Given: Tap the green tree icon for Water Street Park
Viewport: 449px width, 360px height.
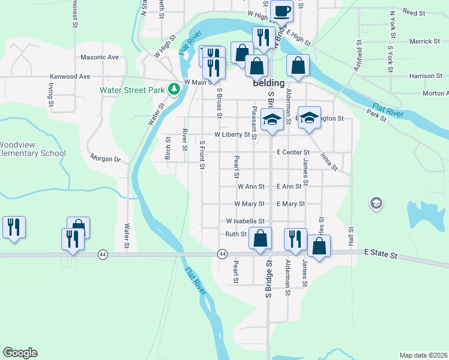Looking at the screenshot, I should pos(174,89).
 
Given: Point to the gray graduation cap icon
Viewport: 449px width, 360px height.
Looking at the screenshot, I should pos(376,203).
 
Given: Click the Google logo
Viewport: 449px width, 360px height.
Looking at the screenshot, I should pos(20,353).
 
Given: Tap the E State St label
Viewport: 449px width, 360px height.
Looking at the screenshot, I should pos(381,256).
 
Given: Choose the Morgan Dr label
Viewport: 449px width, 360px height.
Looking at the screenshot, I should pos(106,159).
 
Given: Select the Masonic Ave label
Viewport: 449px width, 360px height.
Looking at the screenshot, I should pos(100,58).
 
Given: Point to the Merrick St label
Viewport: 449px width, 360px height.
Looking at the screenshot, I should pos(424,41).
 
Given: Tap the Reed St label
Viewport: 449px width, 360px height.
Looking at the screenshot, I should pos(414,12).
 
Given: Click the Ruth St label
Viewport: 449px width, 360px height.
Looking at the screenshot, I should pos(236,234).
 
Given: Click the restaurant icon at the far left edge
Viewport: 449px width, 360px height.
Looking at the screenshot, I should pos(14,227).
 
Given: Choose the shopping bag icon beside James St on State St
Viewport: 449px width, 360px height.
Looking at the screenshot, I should pos(319,245).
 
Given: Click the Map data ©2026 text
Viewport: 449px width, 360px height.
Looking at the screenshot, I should pos(423,355).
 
